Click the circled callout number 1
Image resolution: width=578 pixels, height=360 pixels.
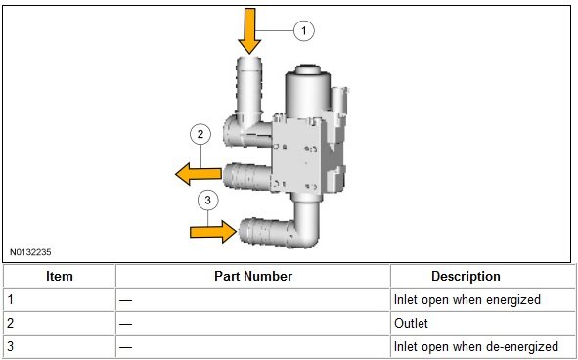coord(304,30)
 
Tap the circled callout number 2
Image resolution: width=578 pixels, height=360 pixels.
coord(200,134)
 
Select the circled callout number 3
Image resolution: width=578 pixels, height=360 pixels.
coord(208,201)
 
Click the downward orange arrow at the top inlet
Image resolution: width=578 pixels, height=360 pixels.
coord(249,31)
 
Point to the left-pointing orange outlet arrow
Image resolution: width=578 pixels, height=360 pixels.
coord(199,174)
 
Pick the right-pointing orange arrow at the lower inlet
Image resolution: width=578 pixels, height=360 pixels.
coord(213,232)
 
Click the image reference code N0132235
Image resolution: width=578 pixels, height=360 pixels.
coord(30,252)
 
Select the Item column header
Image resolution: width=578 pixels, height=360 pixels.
coord(60,276)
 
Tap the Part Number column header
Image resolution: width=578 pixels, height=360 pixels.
coord(253,276)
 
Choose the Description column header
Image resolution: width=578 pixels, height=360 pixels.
coord(466,276)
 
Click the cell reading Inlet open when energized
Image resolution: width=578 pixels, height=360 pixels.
coord(467,300)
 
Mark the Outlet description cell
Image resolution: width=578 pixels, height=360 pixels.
coord(411,324)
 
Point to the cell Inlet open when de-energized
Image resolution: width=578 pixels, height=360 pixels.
coord(476,346)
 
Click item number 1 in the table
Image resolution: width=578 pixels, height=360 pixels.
coord(11,300)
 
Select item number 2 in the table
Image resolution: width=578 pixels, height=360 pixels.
coord(11,324)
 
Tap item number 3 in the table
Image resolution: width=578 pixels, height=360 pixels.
coord(11,346)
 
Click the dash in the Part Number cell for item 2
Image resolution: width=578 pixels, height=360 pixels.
coord(126,324)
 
